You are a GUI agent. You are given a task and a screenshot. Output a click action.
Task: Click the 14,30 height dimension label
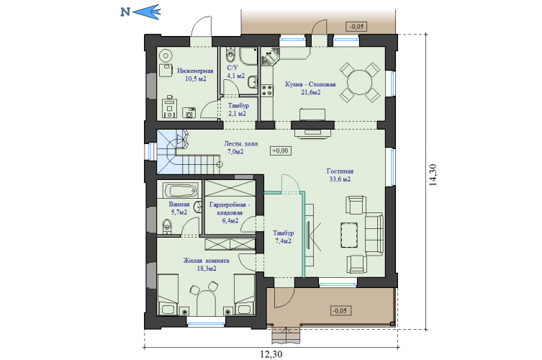pyautogui.click(x=433, y=175)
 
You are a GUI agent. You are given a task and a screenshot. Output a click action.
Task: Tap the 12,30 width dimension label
pyautogui.click(x=271, y=354)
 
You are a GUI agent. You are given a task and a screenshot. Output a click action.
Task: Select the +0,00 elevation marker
pyautogui.click(x=280, y=150)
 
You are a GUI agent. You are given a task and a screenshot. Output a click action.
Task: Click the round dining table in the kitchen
pyautogui.click(x=359, y=82)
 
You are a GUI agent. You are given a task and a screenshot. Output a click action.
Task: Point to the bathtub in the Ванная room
pyautogui.click(x=181, y=191)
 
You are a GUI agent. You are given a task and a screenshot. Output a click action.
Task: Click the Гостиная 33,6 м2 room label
pyautogui.click(x=340, y=175)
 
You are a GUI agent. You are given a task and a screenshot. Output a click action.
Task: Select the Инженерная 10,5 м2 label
pyautogui.click(x=195, y=75)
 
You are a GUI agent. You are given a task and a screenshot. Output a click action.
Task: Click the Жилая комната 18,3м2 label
pyautogui.click(x=206, y=264)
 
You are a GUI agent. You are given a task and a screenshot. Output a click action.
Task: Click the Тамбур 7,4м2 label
pyautogui.click(x=283, y=237)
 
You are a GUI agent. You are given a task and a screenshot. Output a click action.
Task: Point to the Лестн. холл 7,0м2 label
pyautogui.click(x=240, y=148)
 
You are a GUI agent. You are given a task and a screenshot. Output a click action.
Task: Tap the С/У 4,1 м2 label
pyautogui.click(x=236, y=71)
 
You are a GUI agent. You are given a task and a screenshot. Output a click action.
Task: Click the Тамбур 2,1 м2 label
pyautogui.click(x=238, y=109)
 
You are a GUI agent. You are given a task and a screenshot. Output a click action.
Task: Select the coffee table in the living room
pyautogui.click(x=349, y=235)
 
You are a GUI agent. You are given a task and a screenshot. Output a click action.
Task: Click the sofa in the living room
pyautogui.click(x=374, y=235)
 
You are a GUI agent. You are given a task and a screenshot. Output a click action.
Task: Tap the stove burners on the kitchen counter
pyautogui.click(x=267, y=91)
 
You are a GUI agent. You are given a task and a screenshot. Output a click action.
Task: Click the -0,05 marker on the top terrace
pyautogui.click(x=356, y=27)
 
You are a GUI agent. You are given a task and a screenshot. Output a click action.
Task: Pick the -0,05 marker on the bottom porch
pyautogui.click(x=340, y=310)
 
